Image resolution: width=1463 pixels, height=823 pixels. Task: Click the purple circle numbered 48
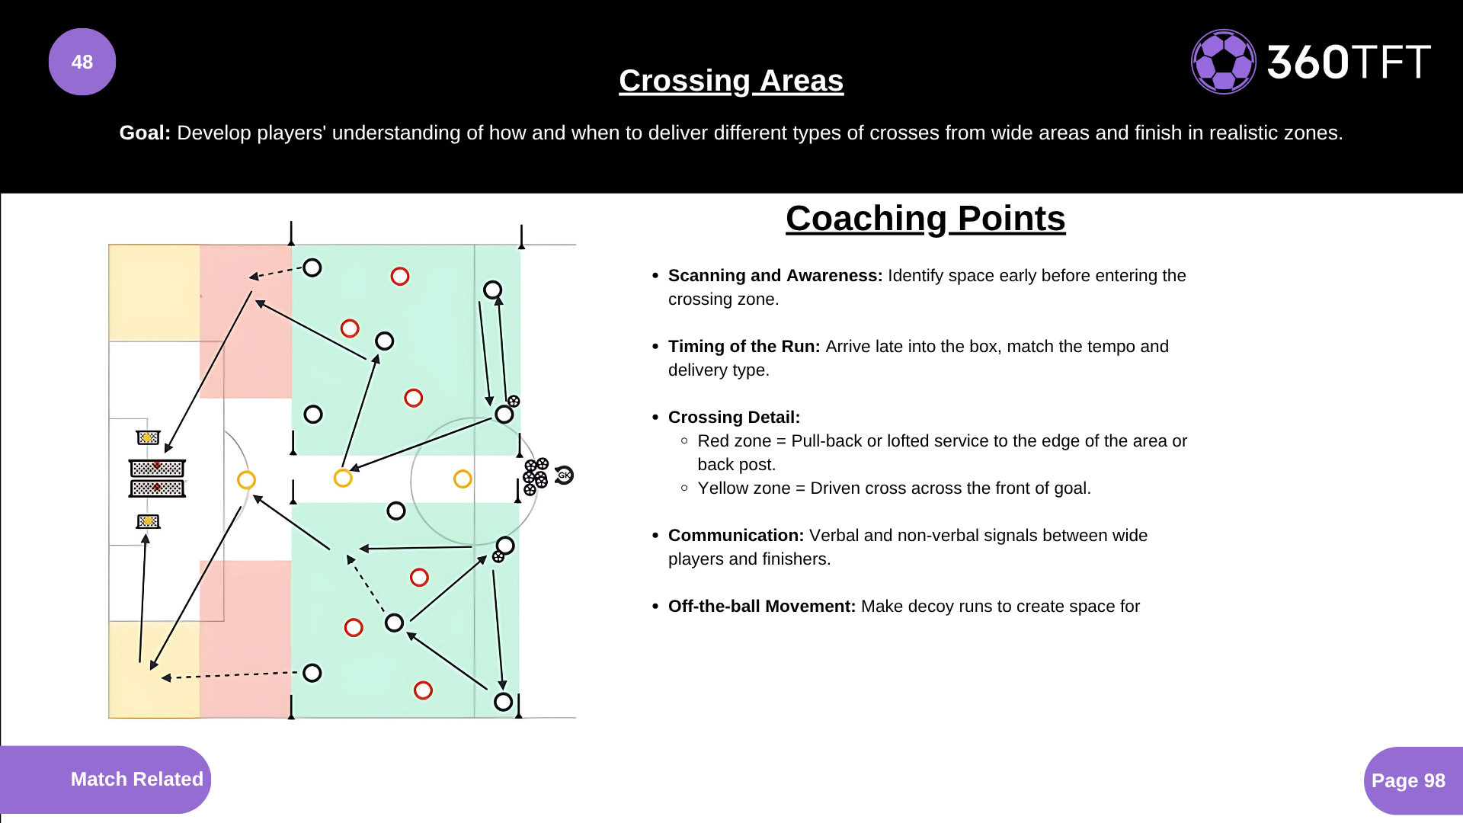tap(82, 62)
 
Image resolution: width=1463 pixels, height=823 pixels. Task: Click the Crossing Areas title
tap(731, 81)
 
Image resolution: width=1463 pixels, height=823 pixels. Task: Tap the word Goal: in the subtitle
tap(145, 133)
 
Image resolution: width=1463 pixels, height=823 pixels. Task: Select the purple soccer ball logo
tap(1224, 62)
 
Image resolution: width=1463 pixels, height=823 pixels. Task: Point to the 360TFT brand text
tap(1349, 62)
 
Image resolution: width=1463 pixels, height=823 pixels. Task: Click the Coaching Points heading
tap(926, 219)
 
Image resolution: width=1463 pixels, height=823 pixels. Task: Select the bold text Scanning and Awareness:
tap(775, 276)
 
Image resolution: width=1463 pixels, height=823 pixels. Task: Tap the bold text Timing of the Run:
tap(744, 347)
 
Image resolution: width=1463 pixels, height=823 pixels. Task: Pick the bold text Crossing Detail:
tap(734, 418)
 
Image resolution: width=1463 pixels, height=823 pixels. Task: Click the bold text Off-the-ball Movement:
tap(762, 607)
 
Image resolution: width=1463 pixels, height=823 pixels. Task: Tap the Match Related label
tap(137, 779)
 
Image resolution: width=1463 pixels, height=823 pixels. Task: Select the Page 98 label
tap(1408, 780)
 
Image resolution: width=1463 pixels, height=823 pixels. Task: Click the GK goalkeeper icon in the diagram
tap(564, 475)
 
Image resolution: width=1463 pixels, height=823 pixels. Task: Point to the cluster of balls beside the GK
tap(536, 476)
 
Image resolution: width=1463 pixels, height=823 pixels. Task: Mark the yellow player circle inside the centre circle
tap(463, 479)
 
